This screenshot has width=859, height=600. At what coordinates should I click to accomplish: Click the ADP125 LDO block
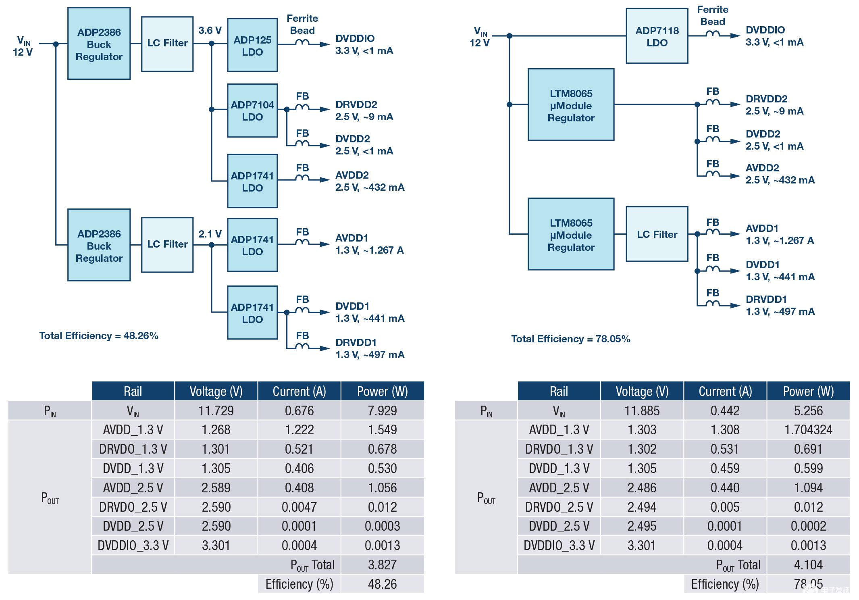pos(252,45)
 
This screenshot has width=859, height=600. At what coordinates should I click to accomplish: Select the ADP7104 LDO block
pos(252,110)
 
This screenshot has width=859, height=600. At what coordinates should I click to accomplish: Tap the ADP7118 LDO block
pos(657,36)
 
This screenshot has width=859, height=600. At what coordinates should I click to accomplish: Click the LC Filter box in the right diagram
pos(657,234)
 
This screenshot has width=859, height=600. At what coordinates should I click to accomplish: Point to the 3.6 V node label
pos(210,31)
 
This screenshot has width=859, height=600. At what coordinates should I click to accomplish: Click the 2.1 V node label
pos(210,234)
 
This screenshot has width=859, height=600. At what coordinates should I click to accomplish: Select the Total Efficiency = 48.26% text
pos(99,336)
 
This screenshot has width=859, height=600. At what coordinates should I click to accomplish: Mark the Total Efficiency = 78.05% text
pos(570,339)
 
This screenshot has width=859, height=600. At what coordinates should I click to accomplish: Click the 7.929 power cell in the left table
pos(382,411)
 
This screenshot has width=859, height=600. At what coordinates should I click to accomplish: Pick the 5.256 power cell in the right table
pos(808,411)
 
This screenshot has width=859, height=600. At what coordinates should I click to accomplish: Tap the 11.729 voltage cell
pos(216,411)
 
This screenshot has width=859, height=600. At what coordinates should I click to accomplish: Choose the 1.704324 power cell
pos(808,430)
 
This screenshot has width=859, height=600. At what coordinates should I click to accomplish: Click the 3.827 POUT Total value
pos(382,565)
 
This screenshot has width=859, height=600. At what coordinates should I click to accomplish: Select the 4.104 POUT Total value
pos(808,565)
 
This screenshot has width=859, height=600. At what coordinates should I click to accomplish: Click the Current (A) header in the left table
pos(299,392)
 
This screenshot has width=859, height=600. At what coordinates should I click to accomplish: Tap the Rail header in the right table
pos(559,392)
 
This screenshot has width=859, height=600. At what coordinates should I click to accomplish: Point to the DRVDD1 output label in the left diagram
pos(356,343)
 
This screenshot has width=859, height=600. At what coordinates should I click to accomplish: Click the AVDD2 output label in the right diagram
pos(762,168)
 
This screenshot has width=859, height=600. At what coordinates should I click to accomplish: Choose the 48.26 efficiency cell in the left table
pos(382,584)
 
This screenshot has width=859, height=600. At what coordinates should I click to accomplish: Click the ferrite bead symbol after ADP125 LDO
pos(302,43)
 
